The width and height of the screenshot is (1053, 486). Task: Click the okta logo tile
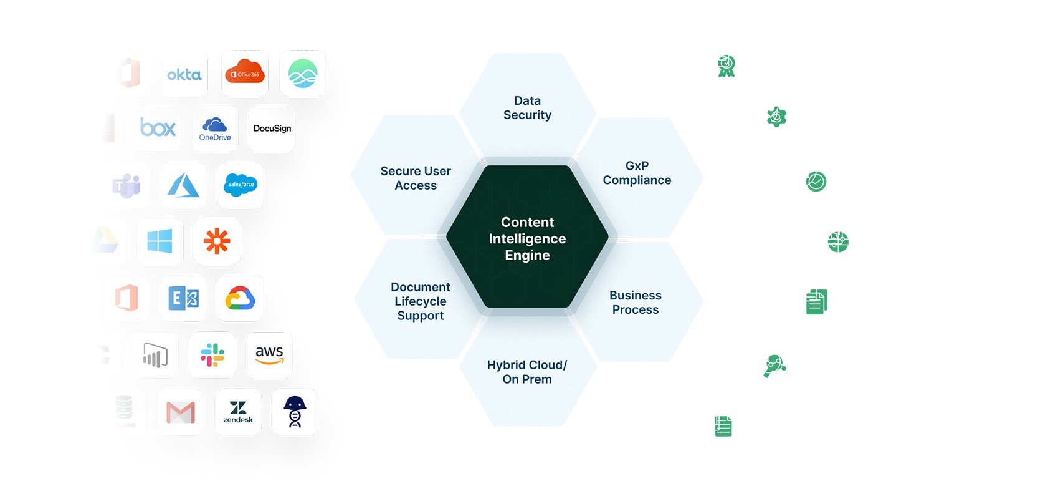tap(184, 75)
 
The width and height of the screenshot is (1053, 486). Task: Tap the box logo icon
tap(158, 129)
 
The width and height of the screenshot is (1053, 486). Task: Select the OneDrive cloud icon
tap(215, 129)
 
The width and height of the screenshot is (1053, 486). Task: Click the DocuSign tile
tap(272, 129)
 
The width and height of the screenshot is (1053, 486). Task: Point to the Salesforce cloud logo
tap(241, 185)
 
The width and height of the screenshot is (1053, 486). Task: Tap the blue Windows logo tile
tap(160, 241)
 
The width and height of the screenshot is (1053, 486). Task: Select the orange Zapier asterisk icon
tap(217, 241)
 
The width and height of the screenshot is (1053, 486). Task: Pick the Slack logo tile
tap(212, 356)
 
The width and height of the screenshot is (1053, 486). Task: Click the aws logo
tap(269, 356)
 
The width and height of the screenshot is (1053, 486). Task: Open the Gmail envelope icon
tap(181, 412)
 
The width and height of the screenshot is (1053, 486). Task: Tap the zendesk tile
tap(238, 412)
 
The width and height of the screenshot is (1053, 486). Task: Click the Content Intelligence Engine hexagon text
tap(527, 239)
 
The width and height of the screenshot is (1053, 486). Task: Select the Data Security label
tap(527, 108)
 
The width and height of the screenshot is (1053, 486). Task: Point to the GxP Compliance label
tap(637, 173)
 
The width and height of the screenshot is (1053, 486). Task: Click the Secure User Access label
tap(416, 178)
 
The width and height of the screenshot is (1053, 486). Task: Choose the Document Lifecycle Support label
tap(421, 301)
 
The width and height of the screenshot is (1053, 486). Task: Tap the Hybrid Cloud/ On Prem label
tap(527, 372)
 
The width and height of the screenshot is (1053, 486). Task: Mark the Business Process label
tap(636, 303)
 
